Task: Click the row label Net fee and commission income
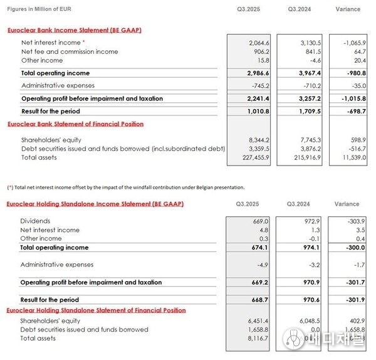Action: (x=69, y=51)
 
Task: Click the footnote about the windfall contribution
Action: (x=125, y=187)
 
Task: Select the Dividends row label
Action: (x=35, y=221)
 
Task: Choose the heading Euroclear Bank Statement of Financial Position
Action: (x=75, y=124)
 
